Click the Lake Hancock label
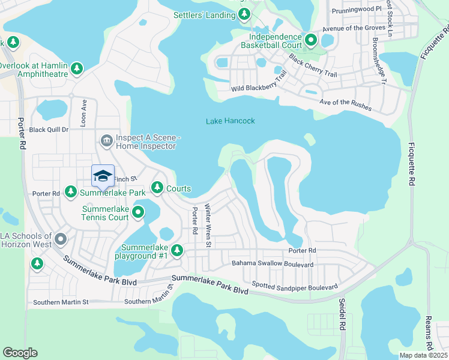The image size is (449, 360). coord(231,121)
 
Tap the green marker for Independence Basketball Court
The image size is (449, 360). coord(310,41)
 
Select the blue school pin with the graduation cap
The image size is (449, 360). coord(103,176)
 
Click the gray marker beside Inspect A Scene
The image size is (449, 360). coord(107,141)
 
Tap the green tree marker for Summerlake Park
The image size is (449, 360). coord(71,192)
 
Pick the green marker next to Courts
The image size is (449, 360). coord(157,188)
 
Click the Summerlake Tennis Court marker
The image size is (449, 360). coord(138,212)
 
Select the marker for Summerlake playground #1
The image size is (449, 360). coord(176,250)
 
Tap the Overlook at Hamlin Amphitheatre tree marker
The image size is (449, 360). coord(77,69)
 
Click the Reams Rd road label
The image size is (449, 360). coord(429,334)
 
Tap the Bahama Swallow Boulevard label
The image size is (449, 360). coord(273,264)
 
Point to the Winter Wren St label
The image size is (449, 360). coord(208,225)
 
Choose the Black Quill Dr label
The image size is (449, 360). coord(49,130)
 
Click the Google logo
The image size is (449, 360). coord(20,352)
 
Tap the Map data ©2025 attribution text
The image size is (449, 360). coord(423,355)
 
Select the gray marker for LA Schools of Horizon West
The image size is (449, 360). coord(60,240)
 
